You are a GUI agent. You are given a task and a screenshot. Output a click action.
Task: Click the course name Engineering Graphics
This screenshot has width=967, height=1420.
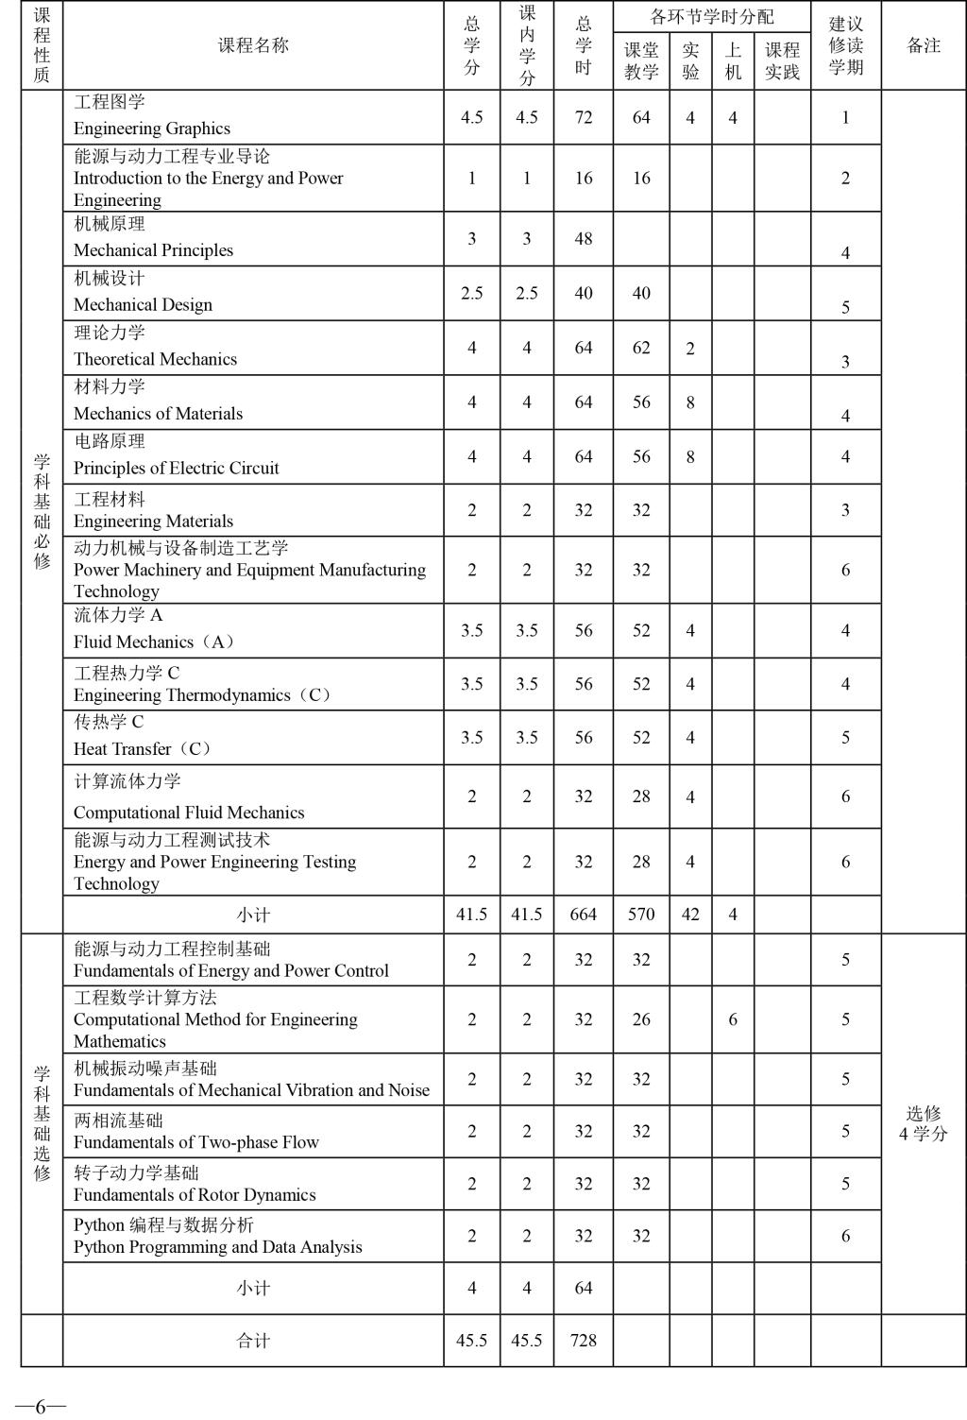coord(152,128)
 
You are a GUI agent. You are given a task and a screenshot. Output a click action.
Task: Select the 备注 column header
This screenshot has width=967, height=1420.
coord(924,45)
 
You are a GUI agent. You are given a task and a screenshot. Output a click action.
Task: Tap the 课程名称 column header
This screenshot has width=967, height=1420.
coord(253,45)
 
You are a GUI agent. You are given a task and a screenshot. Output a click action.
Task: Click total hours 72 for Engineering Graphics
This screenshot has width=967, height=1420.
coord(584,117)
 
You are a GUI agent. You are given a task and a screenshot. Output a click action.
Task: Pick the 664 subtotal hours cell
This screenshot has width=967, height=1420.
coord(584,915)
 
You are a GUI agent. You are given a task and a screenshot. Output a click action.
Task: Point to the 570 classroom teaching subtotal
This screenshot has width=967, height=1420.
coord(641,915)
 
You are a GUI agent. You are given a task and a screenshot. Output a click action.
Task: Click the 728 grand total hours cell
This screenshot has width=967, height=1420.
coord(584,1340)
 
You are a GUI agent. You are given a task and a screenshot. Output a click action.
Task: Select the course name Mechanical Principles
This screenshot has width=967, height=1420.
coord(153,249)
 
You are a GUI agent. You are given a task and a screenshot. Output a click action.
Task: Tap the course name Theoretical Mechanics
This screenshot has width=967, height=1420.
coord(155,358)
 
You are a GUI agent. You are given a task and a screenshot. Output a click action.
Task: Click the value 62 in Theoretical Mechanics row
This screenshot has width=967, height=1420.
coord(641,348)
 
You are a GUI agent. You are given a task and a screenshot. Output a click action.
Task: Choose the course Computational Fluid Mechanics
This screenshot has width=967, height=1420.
coord(189,812)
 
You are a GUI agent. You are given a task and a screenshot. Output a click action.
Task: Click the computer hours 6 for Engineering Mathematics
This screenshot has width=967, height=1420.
coord(733,1019)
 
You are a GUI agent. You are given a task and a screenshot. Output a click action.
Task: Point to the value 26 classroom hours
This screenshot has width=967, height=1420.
coord(641,1019)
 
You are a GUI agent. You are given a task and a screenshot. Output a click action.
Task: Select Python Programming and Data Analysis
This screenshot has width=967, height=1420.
coord(218,1246)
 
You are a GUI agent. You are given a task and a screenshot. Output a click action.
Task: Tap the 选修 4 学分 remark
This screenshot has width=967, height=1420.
coord(924,1123)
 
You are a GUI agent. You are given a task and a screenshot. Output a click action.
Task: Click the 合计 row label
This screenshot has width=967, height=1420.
coord(253,1340)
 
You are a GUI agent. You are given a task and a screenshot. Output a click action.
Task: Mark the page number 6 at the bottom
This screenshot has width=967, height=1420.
coord(41,1406)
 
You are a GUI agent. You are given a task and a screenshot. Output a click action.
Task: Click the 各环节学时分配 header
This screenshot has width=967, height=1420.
coord(711,17)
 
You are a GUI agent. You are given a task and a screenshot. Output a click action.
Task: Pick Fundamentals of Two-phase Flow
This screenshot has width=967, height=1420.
coord(196,1141)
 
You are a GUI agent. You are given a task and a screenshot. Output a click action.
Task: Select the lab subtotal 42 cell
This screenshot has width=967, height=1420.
coord(690,915)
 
